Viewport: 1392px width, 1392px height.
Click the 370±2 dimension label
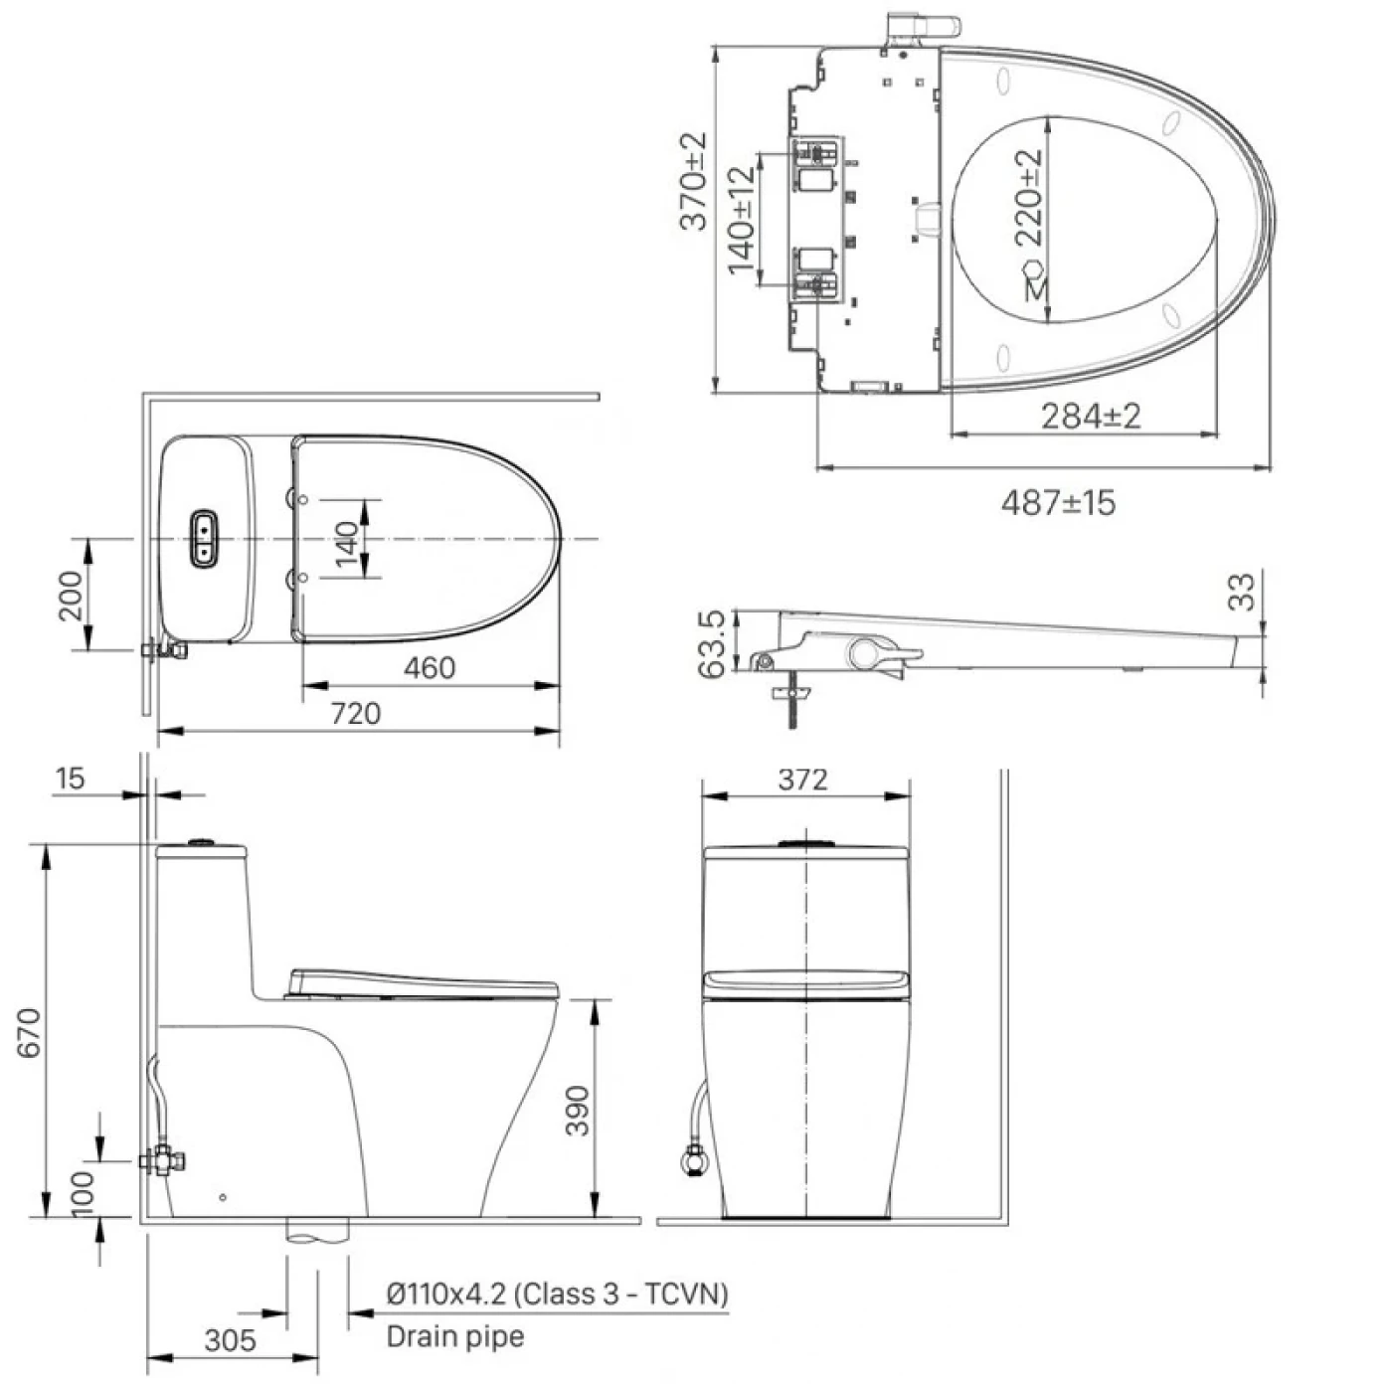[694, 181]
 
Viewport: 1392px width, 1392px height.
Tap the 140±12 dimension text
[742, 221]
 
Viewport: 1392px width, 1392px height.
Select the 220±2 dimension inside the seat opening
[1029, 197]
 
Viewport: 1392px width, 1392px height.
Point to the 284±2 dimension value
[1091, 417]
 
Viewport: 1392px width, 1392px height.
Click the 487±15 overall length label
[1058, 503]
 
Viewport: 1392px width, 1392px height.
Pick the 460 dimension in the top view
[430, 668]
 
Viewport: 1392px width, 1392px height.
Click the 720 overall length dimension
[355, 714]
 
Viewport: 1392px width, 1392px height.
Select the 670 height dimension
[30, 1033]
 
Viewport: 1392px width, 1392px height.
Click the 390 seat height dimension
[577, 1111]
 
